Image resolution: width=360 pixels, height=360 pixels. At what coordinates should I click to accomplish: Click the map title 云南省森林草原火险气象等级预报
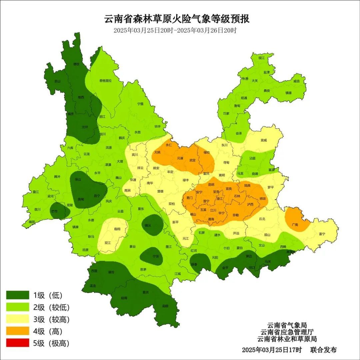click(177, 19)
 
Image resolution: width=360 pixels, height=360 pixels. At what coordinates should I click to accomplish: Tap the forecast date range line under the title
click(175, 30)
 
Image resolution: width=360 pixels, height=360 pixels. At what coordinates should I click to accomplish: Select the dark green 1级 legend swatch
click(18, 295)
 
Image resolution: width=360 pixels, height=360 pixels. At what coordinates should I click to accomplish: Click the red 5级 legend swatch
click(18, 343)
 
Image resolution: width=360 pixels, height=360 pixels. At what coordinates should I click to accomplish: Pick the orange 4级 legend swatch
click(18, 331)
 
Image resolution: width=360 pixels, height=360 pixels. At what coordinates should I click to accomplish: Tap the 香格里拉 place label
click(105, 81)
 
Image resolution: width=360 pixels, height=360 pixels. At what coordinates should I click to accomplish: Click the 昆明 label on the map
click(211, 184)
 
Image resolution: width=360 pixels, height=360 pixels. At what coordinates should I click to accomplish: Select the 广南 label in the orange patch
click(295, 225)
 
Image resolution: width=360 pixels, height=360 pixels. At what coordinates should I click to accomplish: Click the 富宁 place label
click(322, 234)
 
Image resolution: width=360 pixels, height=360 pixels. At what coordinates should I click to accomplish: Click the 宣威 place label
click(264, 140)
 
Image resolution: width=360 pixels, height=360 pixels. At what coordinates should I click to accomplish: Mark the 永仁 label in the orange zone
click(169, 145)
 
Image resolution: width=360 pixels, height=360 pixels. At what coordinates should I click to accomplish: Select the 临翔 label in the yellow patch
click(117, 229)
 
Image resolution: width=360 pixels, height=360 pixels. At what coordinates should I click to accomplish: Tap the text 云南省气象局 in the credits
click(287, 325)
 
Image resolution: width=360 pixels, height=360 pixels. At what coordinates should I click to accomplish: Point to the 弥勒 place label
click(235, 215)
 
